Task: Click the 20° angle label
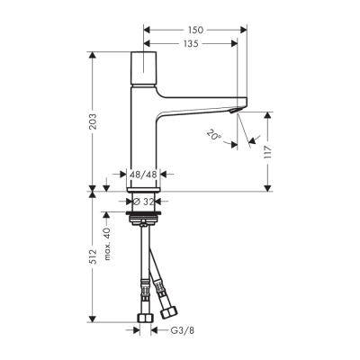click(x=212, y=136)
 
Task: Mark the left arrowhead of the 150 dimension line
click(x=147, y=30)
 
